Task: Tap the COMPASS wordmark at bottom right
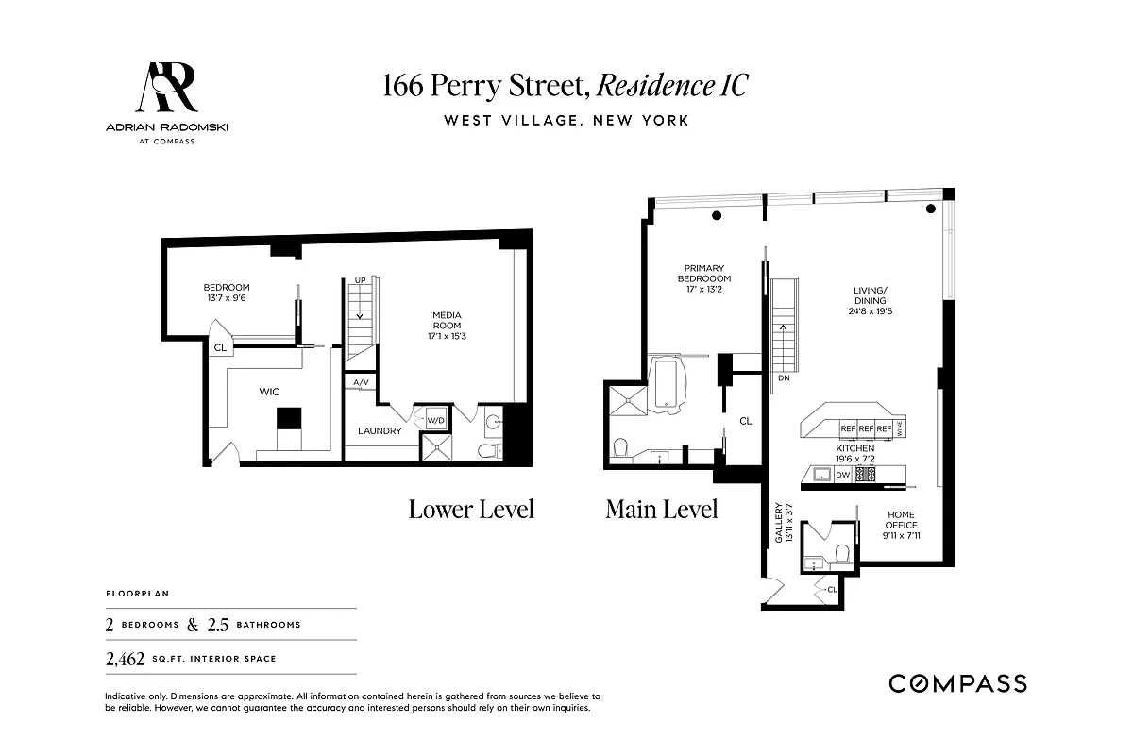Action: [957, 683]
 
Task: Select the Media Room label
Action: [447, 321]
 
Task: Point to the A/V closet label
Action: [362, 382]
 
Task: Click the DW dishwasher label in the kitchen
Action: [842, 475]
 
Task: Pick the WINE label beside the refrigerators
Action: [901, 428]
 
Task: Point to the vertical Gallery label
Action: [780, 525]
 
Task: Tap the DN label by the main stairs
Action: [783, 377]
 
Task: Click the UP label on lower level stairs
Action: [360, 281]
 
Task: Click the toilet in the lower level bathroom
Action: [486, 451]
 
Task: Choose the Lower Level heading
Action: [471, 510]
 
